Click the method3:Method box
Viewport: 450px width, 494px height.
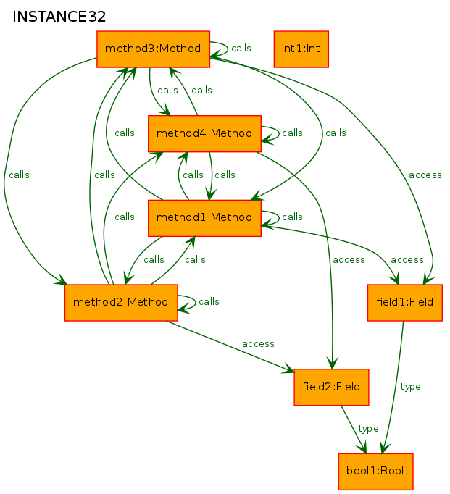[153, 49]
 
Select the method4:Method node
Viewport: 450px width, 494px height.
[204, 133]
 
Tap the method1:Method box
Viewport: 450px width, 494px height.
[204, 218]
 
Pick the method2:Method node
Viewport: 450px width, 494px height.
[121, 303]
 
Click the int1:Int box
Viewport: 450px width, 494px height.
[301, 49]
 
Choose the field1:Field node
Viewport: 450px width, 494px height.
[405, 303]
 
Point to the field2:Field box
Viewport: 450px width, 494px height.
[331, 388]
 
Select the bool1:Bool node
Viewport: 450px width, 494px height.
[375, 472]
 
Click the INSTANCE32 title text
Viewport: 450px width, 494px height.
[59, 17]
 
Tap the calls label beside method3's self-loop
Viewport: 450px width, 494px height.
[241, 49]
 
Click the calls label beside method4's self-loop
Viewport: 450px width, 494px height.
[292, 133]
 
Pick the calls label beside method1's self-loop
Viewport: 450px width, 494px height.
[292, 217]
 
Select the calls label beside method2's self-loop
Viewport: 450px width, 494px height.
[209, 302]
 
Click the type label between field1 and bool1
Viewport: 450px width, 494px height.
[410, 387]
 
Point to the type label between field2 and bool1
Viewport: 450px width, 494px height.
[368, 429]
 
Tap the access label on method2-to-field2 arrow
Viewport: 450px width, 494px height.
[258, 344]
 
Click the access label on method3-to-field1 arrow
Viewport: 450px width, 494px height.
[425, 175]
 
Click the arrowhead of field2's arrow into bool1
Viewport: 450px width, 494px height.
[362, 448]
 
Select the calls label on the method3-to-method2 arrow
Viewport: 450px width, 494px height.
[20, 175]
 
